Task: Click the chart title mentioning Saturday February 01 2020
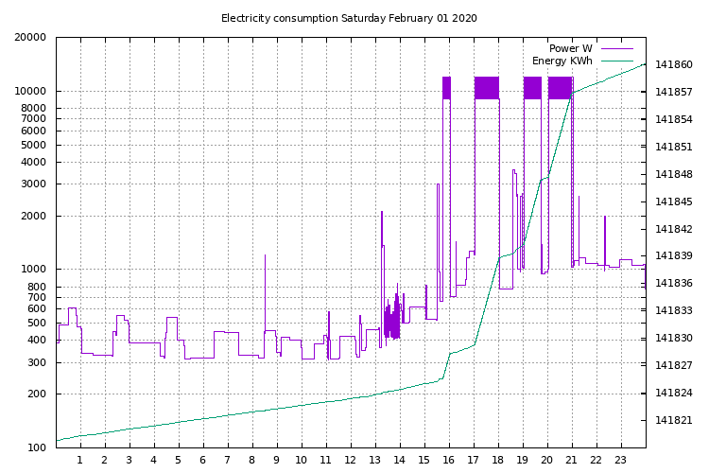[x=349, y=18]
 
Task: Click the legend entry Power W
[x=570, y=48]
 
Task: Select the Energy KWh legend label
[x=562, y=61]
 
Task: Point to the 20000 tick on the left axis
[x=30, y=38]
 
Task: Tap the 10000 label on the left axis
[x=30, y=92]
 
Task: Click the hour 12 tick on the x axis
[x=350, y=460]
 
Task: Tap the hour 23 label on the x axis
[x=621, y=460]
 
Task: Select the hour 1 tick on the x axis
[x=80, y=460]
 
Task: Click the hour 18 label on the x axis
[x=497, y=460]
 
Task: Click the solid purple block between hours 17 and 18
[x=487, y=87]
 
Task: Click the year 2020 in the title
[x=464, y=18]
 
